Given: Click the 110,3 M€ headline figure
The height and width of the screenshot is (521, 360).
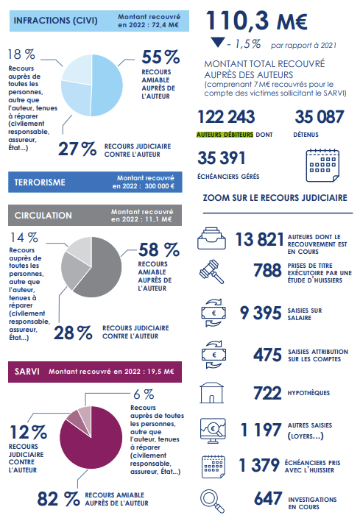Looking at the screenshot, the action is coord(256,21).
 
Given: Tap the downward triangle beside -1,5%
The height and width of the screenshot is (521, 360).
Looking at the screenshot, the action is coord(218,42).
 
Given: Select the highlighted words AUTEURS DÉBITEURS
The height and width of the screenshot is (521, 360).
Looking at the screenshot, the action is coord(225,135).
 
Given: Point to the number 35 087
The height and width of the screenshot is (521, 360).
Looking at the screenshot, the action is coord(319,117).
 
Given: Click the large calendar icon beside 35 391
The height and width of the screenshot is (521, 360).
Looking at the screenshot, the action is coord(322,166).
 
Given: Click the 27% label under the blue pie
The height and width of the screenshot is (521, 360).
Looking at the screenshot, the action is coord(77,149).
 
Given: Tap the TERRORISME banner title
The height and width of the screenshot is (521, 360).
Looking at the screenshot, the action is coord(40,182).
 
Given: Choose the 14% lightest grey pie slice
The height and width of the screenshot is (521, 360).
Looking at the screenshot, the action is coord(82,246).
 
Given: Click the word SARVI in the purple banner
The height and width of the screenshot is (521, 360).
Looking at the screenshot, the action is coord(27,372).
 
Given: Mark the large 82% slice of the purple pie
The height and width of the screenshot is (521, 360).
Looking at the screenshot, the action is coord(93,442).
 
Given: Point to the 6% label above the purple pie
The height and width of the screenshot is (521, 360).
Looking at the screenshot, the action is coord(144,394).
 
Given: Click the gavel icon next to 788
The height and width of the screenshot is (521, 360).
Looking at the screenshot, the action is coord(212,272).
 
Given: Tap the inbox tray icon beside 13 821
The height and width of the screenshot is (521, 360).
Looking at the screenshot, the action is coord(212,238).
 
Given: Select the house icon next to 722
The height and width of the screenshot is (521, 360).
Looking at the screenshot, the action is coord(212,393).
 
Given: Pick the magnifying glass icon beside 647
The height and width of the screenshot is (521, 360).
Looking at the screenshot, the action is coord(213,500).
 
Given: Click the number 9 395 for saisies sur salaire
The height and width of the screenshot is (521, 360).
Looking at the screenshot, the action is coord(261,313).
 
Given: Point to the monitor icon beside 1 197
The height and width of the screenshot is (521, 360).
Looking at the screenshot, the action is coord(213,430).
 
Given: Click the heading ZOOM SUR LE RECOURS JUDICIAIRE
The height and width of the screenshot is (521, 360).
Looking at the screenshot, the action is coord(275,198).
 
